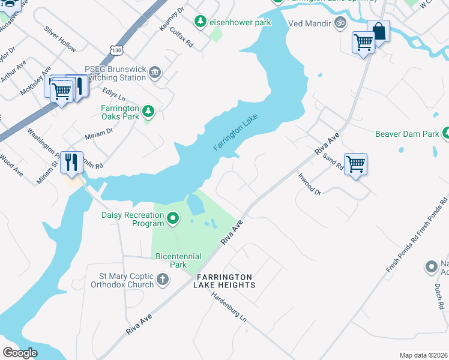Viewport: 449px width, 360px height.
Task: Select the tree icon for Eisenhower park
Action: click(x=200, y=22)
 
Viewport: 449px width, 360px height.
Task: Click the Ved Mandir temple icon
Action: click(x=340, y=23)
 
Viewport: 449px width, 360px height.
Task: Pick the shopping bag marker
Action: click(x=379, y=31)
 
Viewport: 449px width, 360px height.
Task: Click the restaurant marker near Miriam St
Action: click(x=71, y=162)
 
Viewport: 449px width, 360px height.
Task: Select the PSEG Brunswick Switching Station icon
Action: click(x=155, y=73)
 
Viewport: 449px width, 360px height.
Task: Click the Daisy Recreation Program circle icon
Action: click(x=173, y=218)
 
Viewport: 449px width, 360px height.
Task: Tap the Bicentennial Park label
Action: click(x=178, y=260)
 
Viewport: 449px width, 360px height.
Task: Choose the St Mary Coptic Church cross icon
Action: click(x=163, y=280)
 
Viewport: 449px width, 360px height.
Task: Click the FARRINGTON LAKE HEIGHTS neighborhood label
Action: click(x=224, y=281)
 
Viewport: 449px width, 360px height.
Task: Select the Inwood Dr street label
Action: click(x=310, y=184)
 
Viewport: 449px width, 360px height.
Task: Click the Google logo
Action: click(x=20, y=352)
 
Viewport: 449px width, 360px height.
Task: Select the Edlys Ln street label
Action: click(x=113, y=97)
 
